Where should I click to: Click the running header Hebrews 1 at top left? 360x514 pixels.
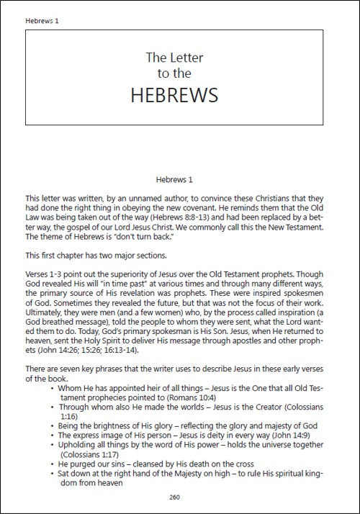pyautogui.click(x=42, y=20)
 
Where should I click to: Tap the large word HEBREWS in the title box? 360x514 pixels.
pyautogui.click(x=180, y=96)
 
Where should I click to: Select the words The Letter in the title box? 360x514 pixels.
pyautogui.click(x=180, y=55)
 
